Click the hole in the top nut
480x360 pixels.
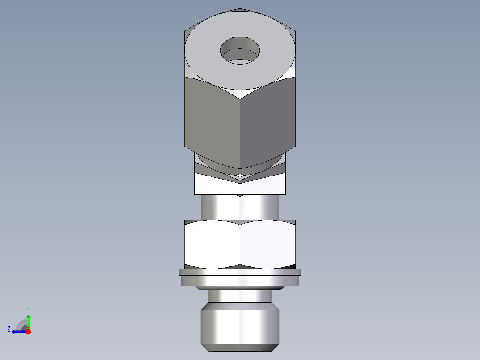[240, 50]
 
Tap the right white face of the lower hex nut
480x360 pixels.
[267, 245]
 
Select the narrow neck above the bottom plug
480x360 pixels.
[240, 295]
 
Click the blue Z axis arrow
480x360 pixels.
[18, 331]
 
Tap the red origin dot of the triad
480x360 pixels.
[28, 331]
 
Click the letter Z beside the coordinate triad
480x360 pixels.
[9, 329]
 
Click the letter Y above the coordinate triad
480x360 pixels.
[28, 309]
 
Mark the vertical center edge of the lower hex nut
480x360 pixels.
[240, 245]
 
